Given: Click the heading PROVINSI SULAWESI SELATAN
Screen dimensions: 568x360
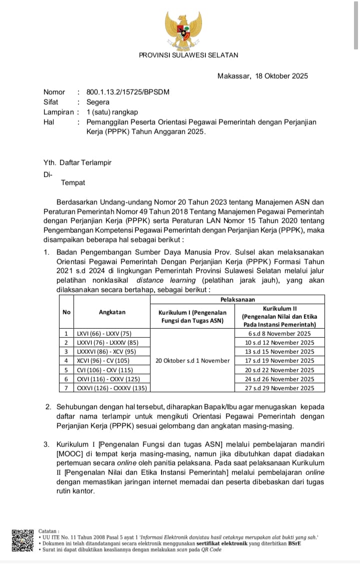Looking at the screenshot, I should tap(188, 55).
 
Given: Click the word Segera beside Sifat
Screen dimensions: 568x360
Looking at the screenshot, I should tap(98, 102).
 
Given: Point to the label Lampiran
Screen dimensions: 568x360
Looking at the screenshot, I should tap(58, 112).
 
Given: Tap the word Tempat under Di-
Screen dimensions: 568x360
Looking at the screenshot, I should tap(73, 183).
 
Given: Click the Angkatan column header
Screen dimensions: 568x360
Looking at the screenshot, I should tap(112, 312).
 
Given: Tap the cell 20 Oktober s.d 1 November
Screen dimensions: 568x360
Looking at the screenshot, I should tap(192, 360).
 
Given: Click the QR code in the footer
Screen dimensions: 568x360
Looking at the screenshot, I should tap(23, 540).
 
